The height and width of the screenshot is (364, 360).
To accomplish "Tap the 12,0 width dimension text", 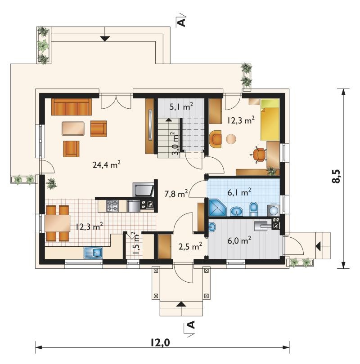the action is click(160, 342).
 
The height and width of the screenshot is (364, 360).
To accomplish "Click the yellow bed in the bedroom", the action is click(270, 120).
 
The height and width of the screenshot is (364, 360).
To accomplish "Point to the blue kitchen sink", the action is click(94, 253).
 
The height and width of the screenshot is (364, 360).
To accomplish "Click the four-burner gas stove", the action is click(112, 206).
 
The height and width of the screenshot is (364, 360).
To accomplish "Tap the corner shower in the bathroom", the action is click(217, 207).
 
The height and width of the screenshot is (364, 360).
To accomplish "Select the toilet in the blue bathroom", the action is click(253, 209).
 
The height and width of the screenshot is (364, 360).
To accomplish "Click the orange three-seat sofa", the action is click(72, 107).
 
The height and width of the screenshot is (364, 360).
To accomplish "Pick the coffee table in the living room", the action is click(73, 129).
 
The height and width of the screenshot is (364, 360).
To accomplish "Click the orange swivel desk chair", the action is click(259, 155).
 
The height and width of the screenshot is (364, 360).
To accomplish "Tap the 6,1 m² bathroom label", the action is click(239, 192).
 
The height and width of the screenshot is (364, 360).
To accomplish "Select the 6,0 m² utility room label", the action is click(239, 240).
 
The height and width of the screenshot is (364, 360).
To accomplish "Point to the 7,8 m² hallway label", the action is click(176, 193).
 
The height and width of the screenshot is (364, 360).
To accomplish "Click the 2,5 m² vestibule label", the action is click(190, 246).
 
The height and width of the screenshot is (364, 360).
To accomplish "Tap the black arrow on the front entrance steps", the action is click(181, 304).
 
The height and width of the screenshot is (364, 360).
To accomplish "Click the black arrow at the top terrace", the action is click(105, 39).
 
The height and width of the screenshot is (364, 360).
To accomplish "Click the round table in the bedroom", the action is click(231, 139).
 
